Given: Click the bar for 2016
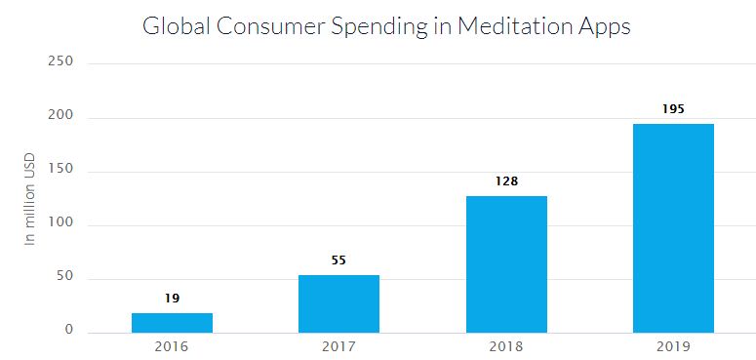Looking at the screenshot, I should pyautogui.click(x=172, y=323).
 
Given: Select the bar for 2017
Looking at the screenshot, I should pyautogui.click(x=338, y=303).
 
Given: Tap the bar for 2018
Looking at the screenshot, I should pyautogui.click(x=506, y=264).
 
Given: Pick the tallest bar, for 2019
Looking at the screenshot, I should pyautogui.click(x=673, y=228).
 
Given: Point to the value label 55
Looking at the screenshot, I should pyautogui.click(x=338, y=260).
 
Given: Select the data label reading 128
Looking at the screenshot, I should pyautogui.click(x=506, y=181).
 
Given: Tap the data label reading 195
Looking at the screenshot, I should pyautogui.click(x=673, y=108).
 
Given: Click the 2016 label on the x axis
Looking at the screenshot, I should pyautogui.click(x=172, y=346).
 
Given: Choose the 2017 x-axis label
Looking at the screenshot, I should pyautogui.click(x=338, y=346).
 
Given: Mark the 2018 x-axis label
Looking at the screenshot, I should pyautogui.click(x=506, y=346).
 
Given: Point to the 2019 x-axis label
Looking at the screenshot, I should pyautogui.click(x=673, y=346).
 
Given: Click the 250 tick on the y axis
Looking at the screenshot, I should pyautogui.click(x=61, y=63).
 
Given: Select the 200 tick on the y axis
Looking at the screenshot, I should pyautogui.click(x=61, y=117).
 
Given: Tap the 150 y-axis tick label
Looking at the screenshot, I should pyautogui.click(x=61, y=171).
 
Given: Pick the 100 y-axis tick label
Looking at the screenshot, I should pyautogui.click(x=61, y=224).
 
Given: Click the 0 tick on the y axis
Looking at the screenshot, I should pyautogui.click(x=69, y=331).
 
